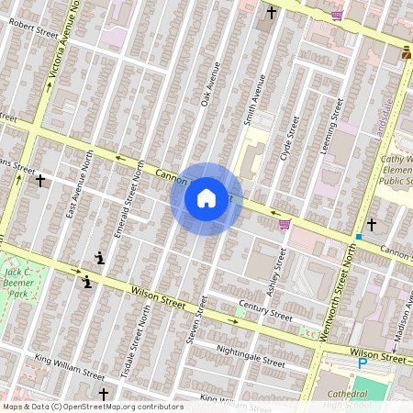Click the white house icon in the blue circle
click(x=206, y=198)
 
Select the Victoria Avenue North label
click(x=61, y=46)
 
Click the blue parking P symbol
click(x=362, y=363)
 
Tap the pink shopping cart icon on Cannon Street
click(x=285, y=224)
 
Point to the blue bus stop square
click(x=358, y=237)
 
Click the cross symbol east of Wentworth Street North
click(x=372, y=224)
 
